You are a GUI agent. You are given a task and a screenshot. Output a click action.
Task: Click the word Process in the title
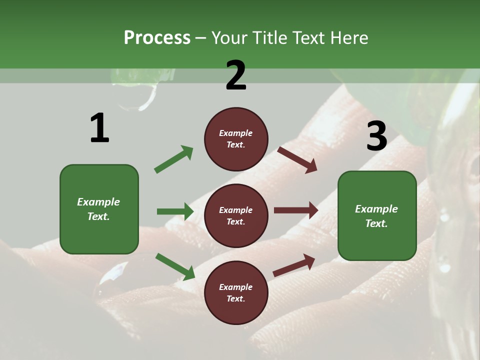pyautogui.click(x=157, y=38)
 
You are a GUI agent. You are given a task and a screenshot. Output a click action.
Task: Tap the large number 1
pyautogui.click(x=99, y=128)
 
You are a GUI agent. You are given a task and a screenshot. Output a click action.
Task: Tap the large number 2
pyautogui.click(x=236, y=75)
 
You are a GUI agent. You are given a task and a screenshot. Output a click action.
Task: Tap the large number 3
pyautogui.click(x=376, y=136)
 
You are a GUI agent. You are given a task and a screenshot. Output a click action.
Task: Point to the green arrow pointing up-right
pyautogui.click(x=174, y=159)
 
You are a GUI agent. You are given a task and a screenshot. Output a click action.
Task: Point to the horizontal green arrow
pyautogui.click(x=175, y=211)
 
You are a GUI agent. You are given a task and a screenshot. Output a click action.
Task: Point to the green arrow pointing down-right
pyautogui.click(x=175, y=266)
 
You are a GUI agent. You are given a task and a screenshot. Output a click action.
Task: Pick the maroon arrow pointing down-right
pyautogui.click(x=297, y=159)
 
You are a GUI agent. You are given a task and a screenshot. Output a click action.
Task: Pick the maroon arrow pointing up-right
pyautogui.click(x=294, y=265)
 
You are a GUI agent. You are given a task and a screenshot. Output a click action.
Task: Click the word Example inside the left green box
pyautogui.click(x=98, y=202)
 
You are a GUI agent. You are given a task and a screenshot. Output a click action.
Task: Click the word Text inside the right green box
pyautogui.click(x=376, y=223)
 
